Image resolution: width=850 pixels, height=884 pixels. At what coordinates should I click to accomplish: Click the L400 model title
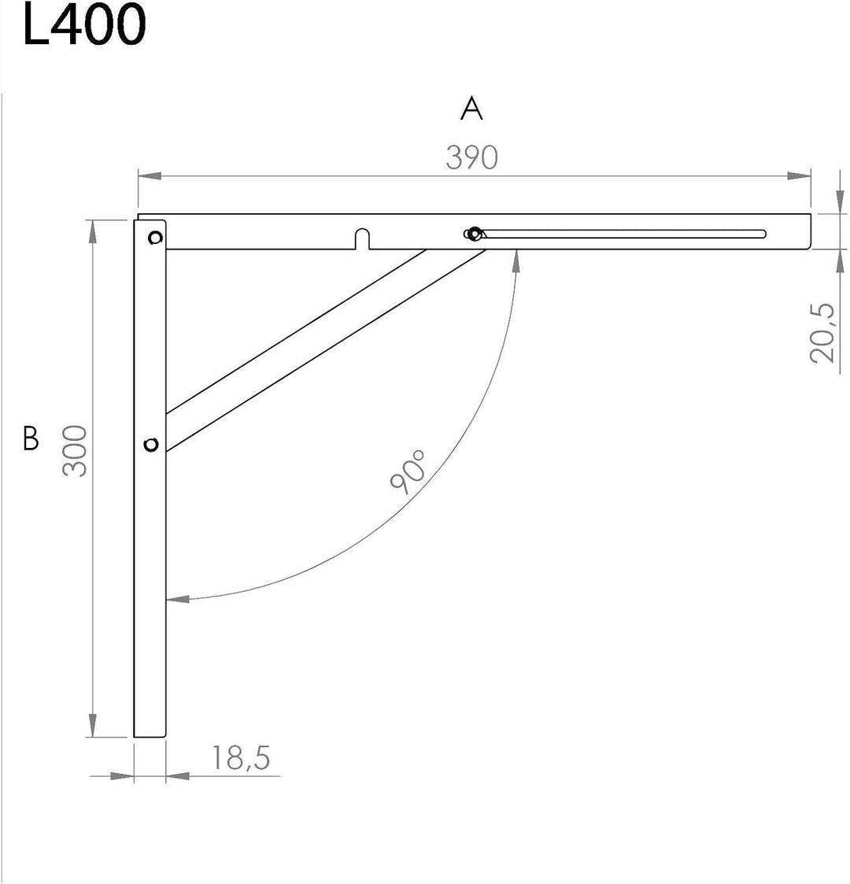point(84,25)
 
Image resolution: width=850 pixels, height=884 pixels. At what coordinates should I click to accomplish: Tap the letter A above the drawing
point(471,109)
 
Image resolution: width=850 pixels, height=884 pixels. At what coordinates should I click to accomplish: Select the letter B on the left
point(31,438)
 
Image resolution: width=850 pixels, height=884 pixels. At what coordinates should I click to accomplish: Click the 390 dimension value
point(471,157)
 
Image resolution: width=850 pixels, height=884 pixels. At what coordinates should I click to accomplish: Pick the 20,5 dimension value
point(823,331)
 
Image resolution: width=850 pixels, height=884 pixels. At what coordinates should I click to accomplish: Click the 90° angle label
point(408,471)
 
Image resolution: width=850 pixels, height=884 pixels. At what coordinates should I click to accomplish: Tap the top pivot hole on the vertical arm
point(155,237)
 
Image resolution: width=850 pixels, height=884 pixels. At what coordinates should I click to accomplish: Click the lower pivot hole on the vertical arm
point(152,445)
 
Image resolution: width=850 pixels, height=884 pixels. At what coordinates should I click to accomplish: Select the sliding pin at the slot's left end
point(473,233)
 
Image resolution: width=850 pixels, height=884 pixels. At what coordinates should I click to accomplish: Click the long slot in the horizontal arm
point(622,234)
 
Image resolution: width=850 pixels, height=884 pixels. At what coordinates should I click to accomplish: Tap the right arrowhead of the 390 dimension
point(801,176)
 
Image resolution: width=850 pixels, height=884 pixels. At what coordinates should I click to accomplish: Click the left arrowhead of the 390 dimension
point(149,176)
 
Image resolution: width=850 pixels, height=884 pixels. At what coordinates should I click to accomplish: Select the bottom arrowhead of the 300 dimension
point(93,726)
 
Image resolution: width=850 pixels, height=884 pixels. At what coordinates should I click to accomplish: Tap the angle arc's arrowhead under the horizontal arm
point(516,261)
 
